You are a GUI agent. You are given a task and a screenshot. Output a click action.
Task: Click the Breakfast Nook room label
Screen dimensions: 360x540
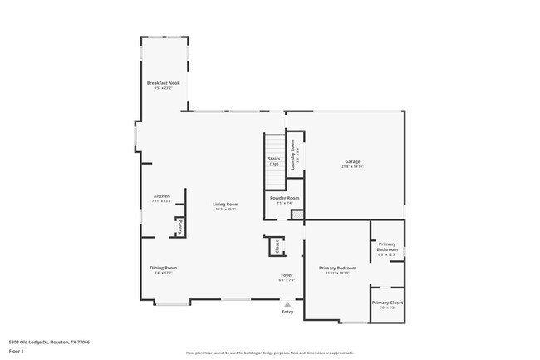pyautogui.click(x=164, y=83)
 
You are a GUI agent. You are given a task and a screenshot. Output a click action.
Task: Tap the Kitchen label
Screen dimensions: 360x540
pyautogui.click(x=161, y=196)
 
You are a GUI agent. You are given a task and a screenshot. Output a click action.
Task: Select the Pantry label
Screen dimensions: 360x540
pyautogui.click(x=178, y=226)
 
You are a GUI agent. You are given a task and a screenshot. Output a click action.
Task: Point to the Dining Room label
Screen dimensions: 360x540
pyautogui.click(x=163, y=268)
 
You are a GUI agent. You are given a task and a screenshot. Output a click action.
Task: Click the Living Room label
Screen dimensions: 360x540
pyautogui.click(x=225, y=204)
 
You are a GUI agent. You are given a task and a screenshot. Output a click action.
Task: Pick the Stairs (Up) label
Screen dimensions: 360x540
pyautogui.click(x=273, y=160)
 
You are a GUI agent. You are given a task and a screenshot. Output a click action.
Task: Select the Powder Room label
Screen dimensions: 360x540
pyautogui.click(x=282, y=198)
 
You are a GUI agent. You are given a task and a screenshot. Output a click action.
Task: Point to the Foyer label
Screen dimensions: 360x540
pyautogui.click(x=287, y=274)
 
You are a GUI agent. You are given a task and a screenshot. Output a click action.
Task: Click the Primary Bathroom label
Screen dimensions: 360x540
pyautogui.click(x=387, y=247)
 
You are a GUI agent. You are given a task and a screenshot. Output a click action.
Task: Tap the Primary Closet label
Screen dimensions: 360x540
pyautogui.click(x=387, y=303)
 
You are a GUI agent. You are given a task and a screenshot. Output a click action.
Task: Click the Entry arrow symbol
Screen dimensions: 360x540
pyautogui.click(x=287, y=304)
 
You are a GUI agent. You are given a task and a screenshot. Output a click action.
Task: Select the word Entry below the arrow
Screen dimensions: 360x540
pyautogui.click(x=287, y=312)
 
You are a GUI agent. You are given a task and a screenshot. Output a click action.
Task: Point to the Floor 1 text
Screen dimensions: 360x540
pyautogui.click(x=17, y=350)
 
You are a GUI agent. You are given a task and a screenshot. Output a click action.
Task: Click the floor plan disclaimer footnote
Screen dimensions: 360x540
pyautogui.click(x=269, y=353)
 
